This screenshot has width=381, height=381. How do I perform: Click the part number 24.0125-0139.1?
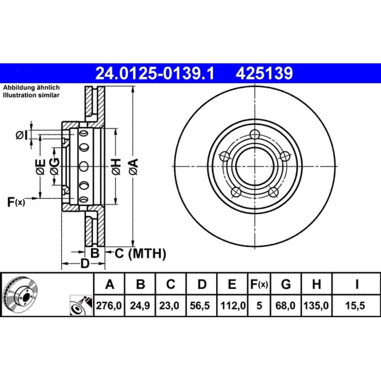(x=155, y=73)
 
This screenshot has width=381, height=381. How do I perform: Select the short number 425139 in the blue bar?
(x=264, y=73)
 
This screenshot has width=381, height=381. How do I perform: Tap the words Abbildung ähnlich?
(x=31, y=88)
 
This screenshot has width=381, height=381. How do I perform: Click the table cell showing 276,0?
(x=109, y=305)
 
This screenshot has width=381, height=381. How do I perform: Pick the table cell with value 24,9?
(x=140, y=305)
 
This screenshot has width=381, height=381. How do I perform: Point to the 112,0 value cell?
(x=232, y=305)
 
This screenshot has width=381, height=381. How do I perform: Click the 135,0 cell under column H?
(x=316, y=305)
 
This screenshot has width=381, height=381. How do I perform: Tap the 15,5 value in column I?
(x=356, y=305)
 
